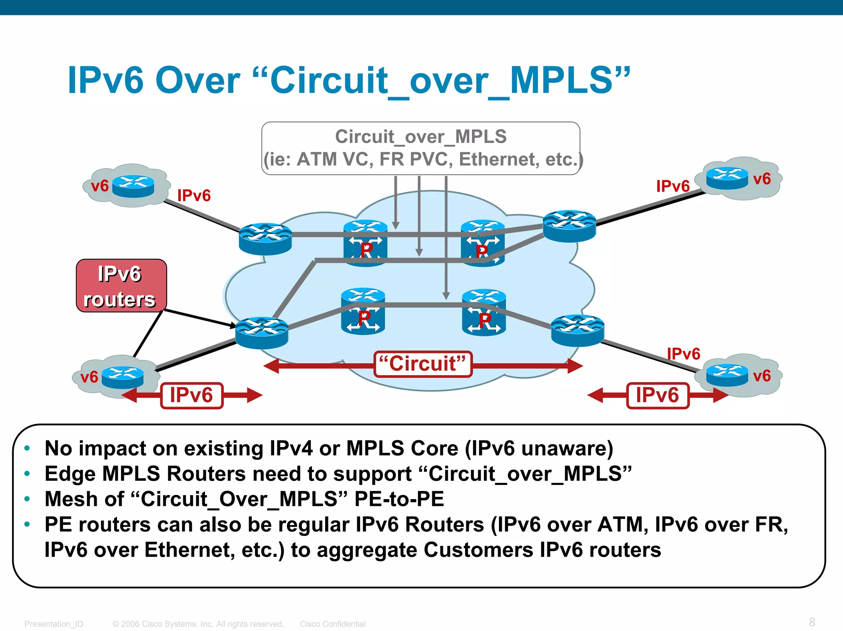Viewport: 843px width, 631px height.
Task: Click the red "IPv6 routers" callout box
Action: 121,286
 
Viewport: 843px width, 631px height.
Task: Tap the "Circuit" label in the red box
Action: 423,364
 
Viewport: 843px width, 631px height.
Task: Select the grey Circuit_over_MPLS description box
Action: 421,148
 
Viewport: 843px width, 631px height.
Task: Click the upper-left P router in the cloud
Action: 366,244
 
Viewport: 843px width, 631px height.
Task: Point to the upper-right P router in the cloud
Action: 482,244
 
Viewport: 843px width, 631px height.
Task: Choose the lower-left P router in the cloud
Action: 363,311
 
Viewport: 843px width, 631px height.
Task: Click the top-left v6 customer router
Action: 133,186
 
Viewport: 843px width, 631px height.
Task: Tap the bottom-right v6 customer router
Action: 727,375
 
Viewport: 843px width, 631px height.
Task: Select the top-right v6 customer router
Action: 727,178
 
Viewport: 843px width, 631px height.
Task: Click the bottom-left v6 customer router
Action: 123,377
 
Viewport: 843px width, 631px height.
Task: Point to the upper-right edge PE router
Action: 569,226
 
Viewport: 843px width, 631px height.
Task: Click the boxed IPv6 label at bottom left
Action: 191,395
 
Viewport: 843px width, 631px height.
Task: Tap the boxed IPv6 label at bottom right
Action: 657,395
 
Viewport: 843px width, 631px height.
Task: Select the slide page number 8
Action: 812,622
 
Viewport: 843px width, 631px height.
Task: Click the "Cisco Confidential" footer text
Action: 332,624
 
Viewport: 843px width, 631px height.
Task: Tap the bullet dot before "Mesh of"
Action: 27,499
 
